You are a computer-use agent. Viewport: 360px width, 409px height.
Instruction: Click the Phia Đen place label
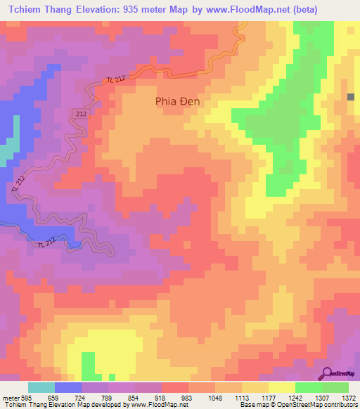(x=177, y=101)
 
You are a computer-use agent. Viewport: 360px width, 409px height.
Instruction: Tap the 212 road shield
(x=81, y=114)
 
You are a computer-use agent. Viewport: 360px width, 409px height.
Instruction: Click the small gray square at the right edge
(x=350, y=98)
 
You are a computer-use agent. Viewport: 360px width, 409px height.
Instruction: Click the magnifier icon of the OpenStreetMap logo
(x=328, y=373)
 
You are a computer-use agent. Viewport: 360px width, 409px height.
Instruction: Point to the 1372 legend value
(x=349, y=397)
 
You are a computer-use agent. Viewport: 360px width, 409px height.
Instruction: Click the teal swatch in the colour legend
(x=41, y=387)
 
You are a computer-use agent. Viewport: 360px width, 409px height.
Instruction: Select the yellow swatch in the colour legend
(x=282, y=387)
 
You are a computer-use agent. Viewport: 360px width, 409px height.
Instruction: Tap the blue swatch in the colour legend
(x=68, y=387)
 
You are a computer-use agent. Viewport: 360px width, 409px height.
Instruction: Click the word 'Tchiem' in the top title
(x=25, y=10)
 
